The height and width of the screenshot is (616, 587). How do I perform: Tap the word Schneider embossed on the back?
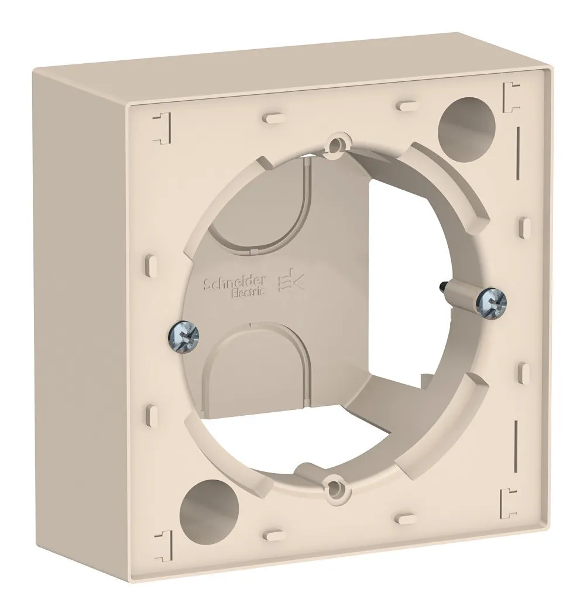coord(235,282)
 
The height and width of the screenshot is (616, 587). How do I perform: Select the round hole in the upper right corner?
coord(466,122)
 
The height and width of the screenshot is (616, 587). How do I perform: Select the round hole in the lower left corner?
coord(208,507)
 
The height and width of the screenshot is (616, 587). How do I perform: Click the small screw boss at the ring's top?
coord(335,145)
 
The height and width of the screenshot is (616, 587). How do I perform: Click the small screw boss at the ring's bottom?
coord(332,485)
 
